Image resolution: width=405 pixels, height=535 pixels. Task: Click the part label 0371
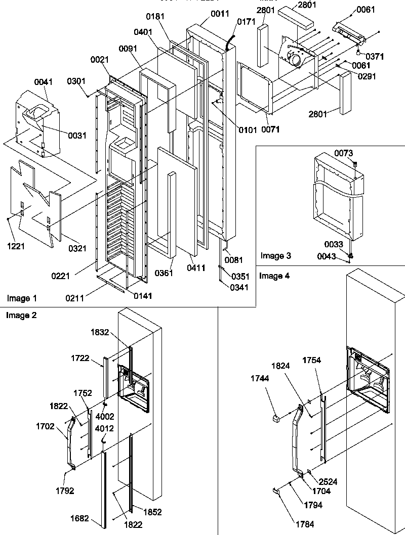tap(375, 57)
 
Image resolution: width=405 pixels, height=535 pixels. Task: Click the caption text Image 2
tap(21, 315)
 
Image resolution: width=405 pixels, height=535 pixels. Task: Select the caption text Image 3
tap(276, 256)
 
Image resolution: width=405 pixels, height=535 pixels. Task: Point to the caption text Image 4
tap(274, 276)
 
